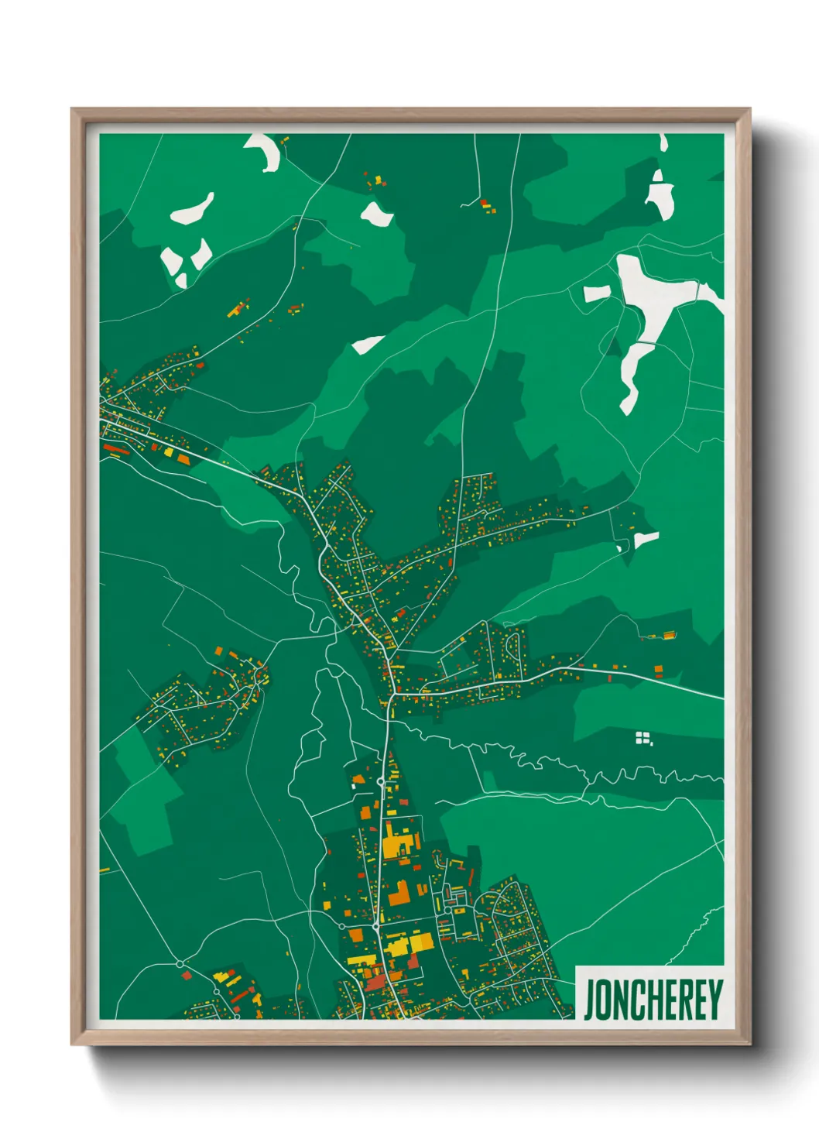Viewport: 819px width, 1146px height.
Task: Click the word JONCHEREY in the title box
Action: pyautogui.click(x=653, y=1000)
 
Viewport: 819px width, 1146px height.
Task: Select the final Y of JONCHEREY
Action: pyautogui.click(x=715, y=1000)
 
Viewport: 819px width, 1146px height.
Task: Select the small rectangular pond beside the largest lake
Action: pyautogui.click(x=597, y=293)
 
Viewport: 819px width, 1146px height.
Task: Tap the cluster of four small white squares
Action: pyautogui.click(x=643, y=737)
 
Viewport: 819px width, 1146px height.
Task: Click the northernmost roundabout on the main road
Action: pyautogui.click(x=380, y=782)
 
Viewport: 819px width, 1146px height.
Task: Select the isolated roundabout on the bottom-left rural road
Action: pyautogui.click(x=180, y=963)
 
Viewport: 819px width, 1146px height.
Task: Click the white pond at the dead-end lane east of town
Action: pyautogui.click(x=646, y=538)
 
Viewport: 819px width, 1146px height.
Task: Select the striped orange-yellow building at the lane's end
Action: pyautogui.click(x=666, y=636)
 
